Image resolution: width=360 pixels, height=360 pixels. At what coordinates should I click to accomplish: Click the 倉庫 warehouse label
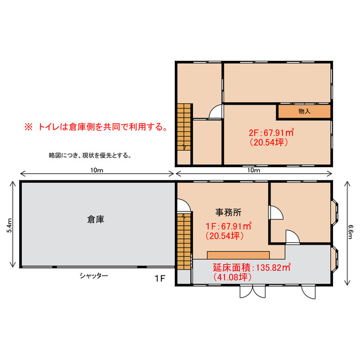(96, 220)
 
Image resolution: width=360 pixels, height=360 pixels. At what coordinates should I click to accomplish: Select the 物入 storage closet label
(304, 111)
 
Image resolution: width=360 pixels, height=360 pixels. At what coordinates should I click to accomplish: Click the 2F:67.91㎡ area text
(272, 133)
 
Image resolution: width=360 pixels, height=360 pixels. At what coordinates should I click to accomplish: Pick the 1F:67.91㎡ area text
(228, 227)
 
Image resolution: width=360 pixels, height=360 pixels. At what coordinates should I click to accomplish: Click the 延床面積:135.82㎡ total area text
(251, 267)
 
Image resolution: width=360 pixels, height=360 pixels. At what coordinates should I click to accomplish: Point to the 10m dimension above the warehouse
(96, 170)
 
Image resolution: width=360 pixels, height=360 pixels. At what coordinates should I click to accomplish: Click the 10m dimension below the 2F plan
(254, 170)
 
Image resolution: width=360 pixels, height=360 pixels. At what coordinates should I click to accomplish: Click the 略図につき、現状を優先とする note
(90, 155)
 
